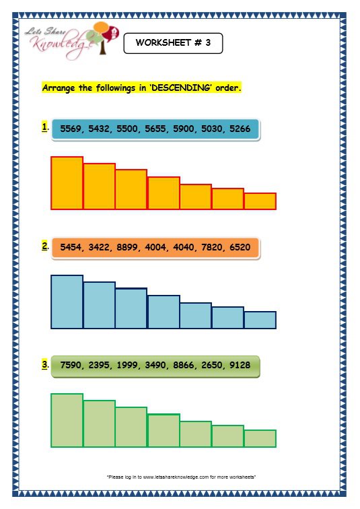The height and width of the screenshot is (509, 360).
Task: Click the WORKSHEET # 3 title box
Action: coord(173,43)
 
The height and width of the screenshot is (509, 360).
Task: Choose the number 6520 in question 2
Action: coord(240,248)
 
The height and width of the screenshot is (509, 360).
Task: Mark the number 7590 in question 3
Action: coord(72,366)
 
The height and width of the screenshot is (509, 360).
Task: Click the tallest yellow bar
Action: coord(67,182)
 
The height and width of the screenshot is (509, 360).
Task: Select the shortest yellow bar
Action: coord(260,201)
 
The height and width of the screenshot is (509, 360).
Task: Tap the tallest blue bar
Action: coord(67,302)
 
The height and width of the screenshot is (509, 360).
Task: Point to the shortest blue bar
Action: coord(260,320)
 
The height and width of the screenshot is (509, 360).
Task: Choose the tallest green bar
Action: coord(67,420)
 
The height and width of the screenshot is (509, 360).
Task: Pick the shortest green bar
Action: coord(260,438)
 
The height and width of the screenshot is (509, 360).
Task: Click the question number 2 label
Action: coord(44,246)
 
